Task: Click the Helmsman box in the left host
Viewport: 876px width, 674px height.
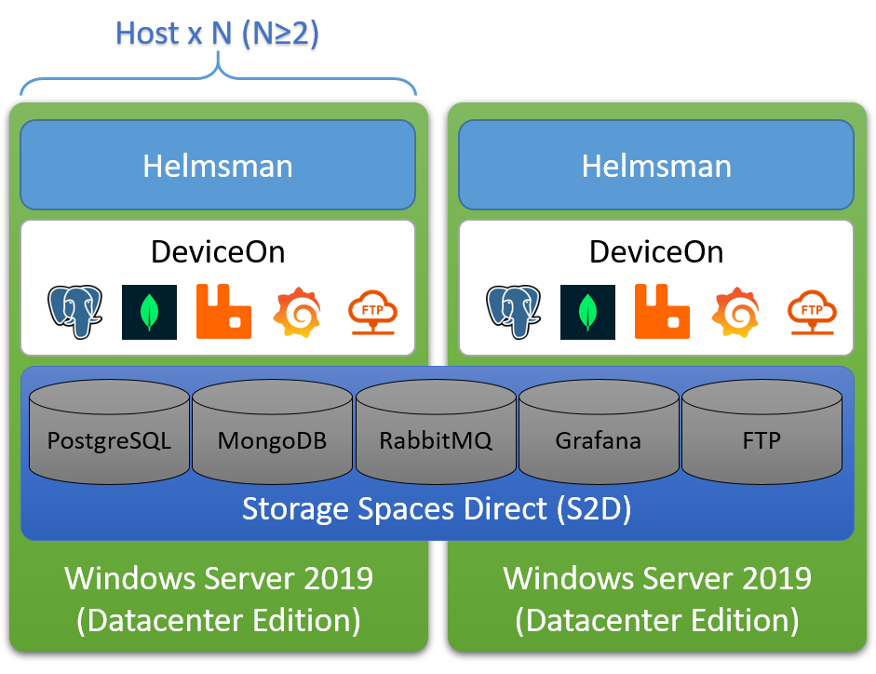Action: coord(218,166)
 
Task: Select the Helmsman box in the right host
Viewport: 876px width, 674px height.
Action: coord(656,166)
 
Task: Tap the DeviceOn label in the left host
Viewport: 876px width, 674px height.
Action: coord(218,251)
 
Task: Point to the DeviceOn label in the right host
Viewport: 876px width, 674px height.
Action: coord(656,251)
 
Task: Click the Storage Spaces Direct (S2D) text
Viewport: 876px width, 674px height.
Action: coord(437,509)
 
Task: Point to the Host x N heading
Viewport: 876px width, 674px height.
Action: coord(218,34)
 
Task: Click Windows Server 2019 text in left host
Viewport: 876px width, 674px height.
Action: coord(218,578)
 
